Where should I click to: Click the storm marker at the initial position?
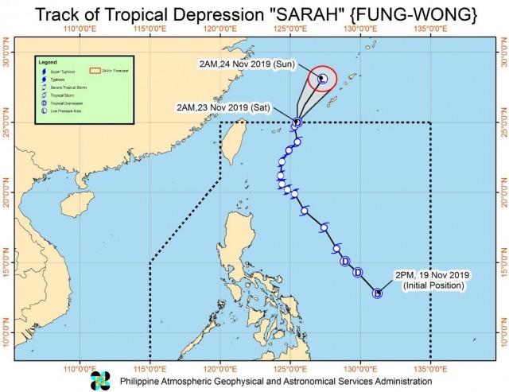point(377,293)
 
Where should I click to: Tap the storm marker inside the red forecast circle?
point(323,79)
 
